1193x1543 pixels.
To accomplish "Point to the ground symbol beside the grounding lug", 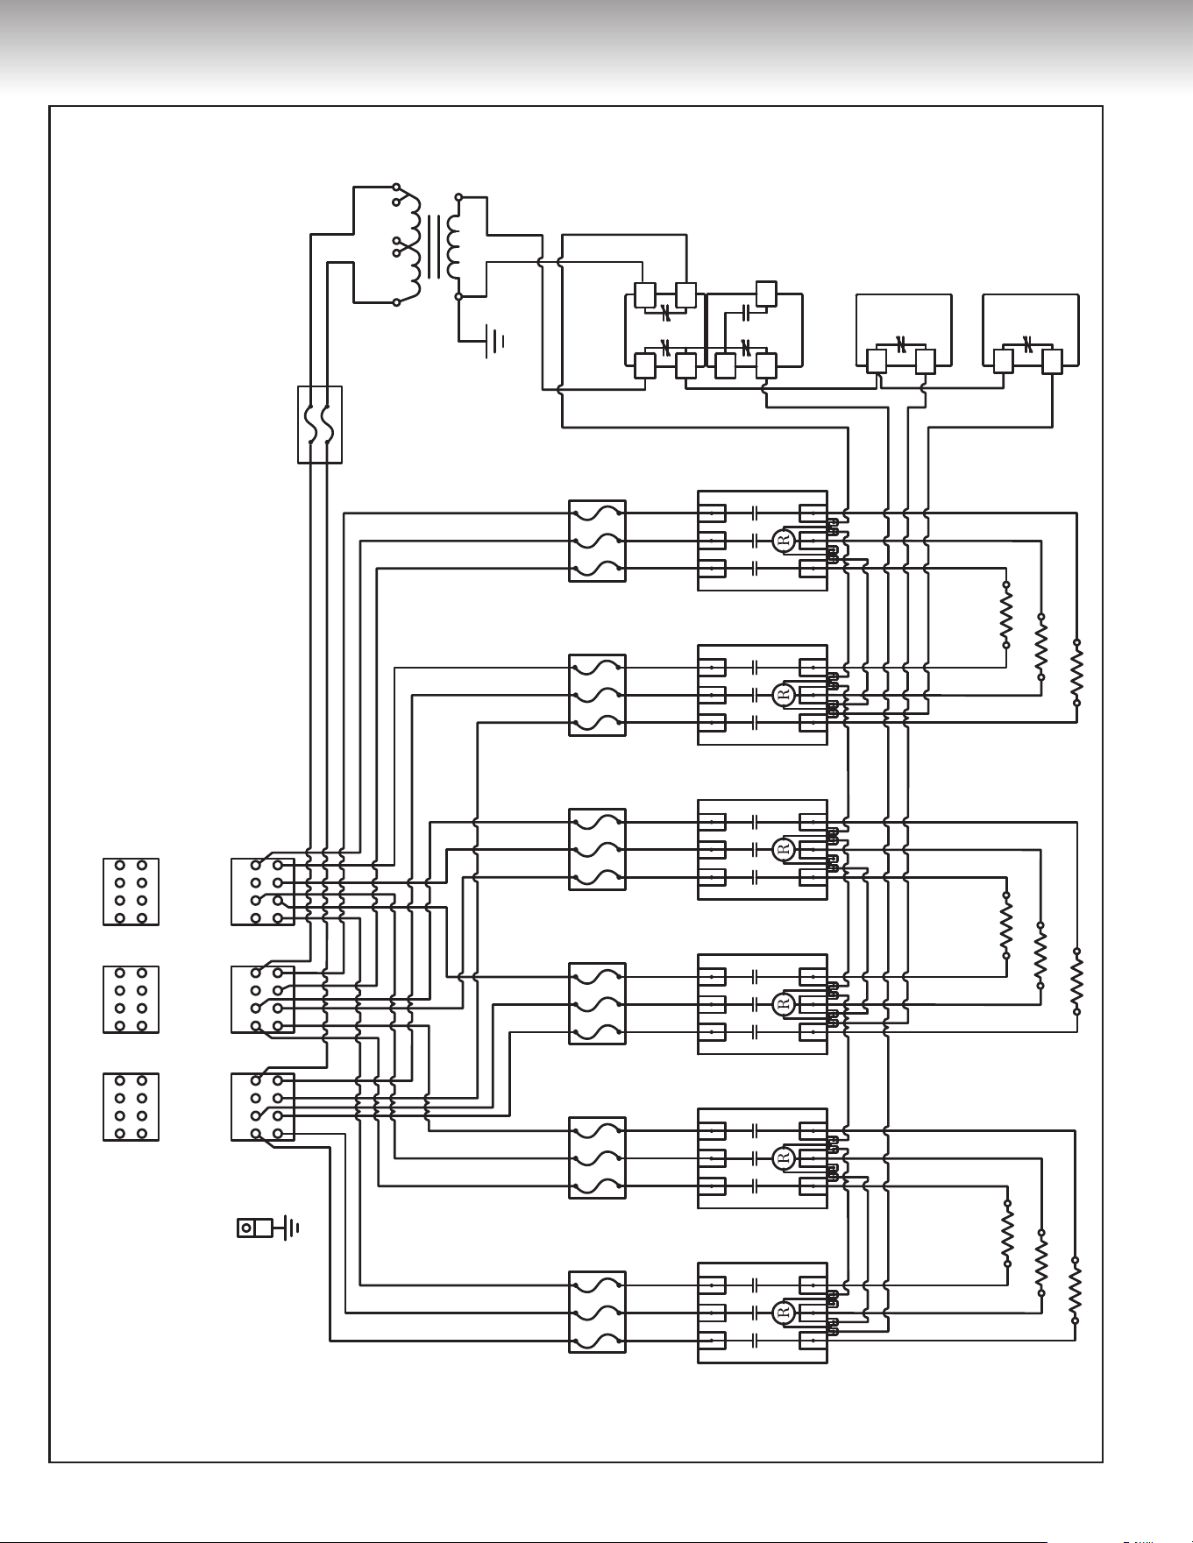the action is [x=288, y=1228].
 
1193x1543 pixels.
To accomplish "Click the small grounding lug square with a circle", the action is [x=247, y=1228].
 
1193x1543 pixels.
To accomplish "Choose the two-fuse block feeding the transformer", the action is [x=320, y=424].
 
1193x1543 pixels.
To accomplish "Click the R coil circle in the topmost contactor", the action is [x=785, y=541].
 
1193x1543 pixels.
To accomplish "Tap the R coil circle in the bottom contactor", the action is [x=785, y=1312].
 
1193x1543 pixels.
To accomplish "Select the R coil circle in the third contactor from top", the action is [x=785, y=849].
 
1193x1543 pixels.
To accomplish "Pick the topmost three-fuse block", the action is [x=597, y=541].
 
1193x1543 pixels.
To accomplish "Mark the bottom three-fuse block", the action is [x=597, y=1312].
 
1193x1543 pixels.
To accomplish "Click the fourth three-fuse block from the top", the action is [x=597, y=1003].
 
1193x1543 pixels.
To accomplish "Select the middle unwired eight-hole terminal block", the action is [x=131, y=1000].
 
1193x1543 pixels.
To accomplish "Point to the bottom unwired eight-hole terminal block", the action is [x=131, y=1107].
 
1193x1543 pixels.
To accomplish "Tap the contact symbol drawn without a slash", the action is [x=744, y=310].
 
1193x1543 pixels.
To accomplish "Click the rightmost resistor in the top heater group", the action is [x=1076, y=673].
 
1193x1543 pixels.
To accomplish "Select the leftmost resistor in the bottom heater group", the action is [x=1007, y=1233].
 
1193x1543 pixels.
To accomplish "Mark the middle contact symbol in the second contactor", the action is [x=754, y=695].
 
